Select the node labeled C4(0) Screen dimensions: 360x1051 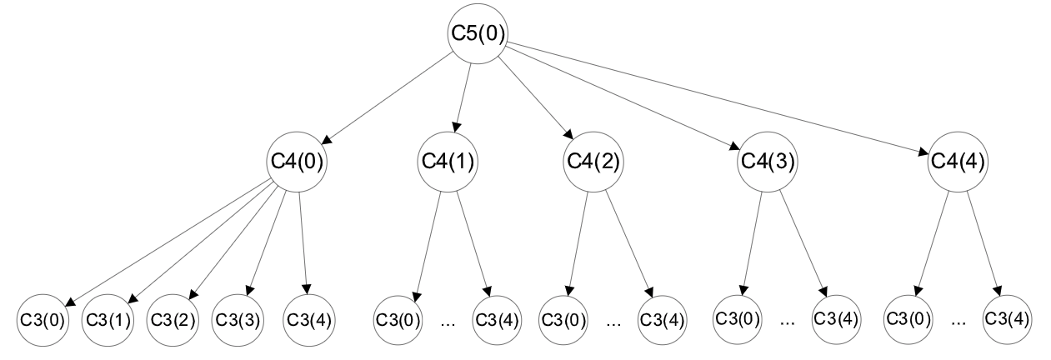point(296,161)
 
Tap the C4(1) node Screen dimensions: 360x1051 point(446,161)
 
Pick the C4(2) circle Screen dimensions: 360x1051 point(593,161)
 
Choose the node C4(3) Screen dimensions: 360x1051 point(767,161)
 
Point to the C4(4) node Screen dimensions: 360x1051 point(957,161)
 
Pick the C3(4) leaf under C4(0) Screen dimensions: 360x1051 point(309,319)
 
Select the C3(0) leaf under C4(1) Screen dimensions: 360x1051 point(399,319)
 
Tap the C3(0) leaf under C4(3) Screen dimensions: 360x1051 point(738,318)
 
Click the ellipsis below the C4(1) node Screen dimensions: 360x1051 point(448,321)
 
